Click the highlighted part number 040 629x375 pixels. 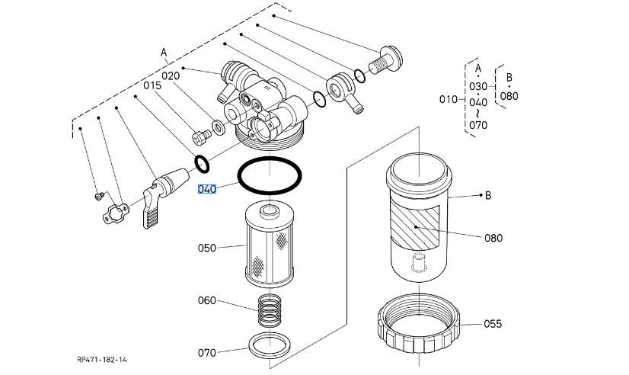(207, 189)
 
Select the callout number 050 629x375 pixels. (207, 248)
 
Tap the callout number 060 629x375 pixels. (207, 300)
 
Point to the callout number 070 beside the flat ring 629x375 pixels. (207, 353)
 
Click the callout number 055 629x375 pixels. (493, 324)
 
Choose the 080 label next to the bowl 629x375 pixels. (493, 238)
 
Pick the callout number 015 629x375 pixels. (152, 85)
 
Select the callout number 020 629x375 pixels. (171, 76)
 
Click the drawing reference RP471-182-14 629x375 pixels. (102, 359)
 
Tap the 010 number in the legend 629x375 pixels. (449, 99)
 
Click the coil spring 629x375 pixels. (270, 310)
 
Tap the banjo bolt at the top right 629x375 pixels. (385, 59)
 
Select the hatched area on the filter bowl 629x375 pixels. (415, 227)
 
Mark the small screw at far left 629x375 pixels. (99, 196)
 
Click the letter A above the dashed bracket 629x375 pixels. (164, 53)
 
